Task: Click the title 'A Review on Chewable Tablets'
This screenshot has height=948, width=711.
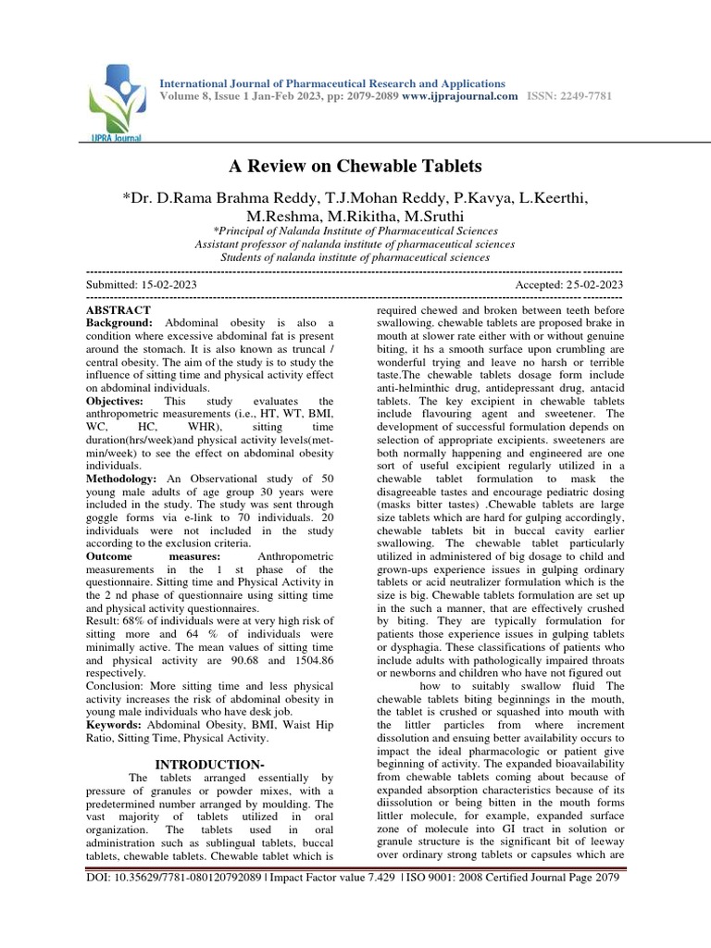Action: (355, 167)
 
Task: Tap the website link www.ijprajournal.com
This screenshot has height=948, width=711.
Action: (460, 96)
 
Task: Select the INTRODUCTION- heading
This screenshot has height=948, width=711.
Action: (209, 764)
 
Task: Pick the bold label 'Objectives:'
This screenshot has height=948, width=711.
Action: (114, 401)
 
